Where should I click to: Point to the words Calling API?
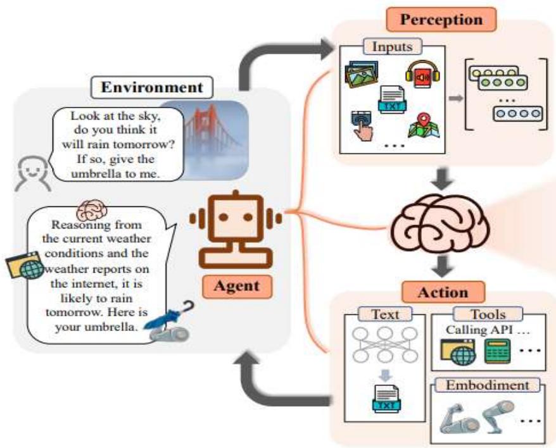pos(480,330)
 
